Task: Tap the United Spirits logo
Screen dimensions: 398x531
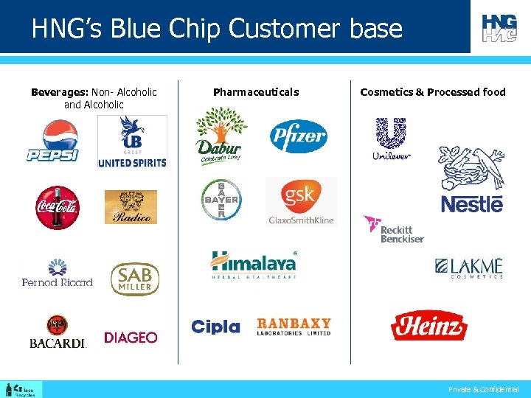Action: (132, 142)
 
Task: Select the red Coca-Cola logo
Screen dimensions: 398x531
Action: (58, 207)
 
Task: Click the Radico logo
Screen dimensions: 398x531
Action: (131, 207)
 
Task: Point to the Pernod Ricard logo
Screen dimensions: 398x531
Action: (58, 273)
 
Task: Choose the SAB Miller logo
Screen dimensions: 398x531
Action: (135, 279)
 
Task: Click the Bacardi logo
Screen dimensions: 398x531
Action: (58, 332)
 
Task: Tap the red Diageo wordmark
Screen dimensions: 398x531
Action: (131, 338)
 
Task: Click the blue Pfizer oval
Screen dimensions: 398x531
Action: (298, 136)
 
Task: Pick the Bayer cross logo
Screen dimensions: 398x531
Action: (221, 199)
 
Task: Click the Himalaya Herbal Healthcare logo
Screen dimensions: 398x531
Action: (254, 265)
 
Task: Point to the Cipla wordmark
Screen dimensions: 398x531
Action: (215, 327)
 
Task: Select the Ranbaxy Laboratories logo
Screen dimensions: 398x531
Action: (294, 327)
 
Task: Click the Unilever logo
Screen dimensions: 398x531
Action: (391, 139)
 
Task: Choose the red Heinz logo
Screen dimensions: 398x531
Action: (428, 325)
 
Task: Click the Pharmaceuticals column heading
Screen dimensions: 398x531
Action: (256, 92)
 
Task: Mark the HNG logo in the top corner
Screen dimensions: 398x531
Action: (499, 27)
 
